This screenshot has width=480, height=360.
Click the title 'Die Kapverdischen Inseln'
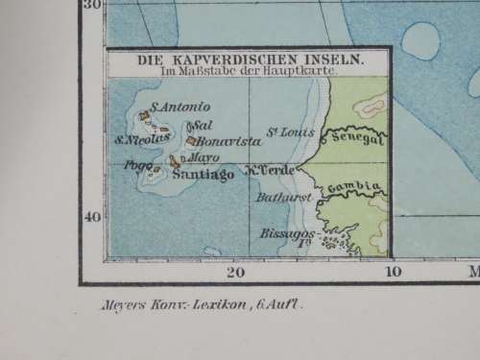(249, 58)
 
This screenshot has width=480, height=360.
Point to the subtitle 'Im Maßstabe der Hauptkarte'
(249, 70)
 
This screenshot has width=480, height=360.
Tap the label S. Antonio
(173, 107)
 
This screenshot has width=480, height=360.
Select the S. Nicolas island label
(141, 138)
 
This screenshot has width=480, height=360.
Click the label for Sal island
(202, 126)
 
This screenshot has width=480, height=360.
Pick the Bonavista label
(228, 141)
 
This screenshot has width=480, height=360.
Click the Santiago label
(204, 174)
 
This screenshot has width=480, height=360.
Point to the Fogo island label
(135, 165)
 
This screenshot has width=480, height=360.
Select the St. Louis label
(290, 132)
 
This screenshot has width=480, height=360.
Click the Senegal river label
(355, 139)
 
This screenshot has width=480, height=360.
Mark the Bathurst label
(279, 198)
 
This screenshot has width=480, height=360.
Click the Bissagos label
(283, 232)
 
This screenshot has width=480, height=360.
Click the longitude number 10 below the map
(393, 272)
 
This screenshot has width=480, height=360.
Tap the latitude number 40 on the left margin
(92, 216)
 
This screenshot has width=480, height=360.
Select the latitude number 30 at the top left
(92, 5)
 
